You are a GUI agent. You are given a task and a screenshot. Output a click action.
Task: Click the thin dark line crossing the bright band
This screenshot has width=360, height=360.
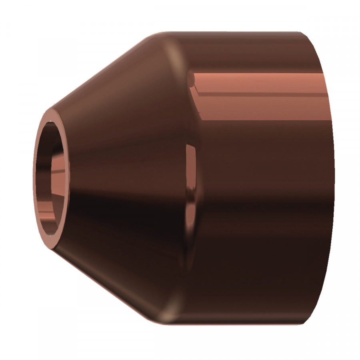[260, 95]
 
